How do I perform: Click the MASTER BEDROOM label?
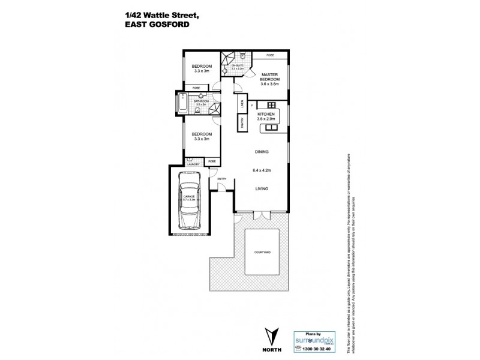(269, 77)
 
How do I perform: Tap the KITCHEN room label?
(266, 114)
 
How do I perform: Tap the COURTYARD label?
(262, 253)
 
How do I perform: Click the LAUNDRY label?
(193, 164)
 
